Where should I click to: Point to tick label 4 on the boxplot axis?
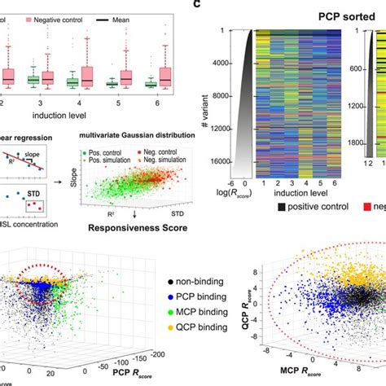click(80, 106)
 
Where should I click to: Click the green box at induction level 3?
click(33, 80)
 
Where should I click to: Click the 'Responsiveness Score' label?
click(140, 218)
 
